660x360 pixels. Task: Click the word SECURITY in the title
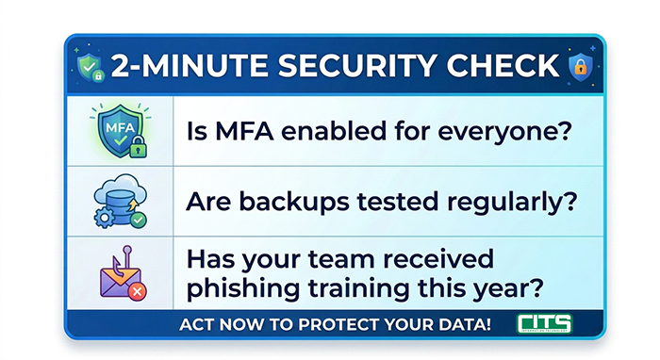(x=356, y=66)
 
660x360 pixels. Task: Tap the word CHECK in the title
(x=503, y=66)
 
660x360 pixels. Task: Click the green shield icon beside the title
(x=91, y=67)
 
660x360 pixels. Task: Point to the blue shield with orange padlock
(x=581, y=67)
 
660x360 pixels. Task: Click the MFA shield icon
(x=121, y=131)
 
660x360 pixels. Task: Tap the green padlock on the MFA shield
(x=138, y=147)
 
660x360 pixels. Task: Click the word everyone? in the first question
(x=504, y=133)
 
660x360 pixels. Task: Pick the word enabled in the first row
(x=334, y=131)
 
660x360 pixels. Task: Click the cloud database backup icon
(x=121, y=201)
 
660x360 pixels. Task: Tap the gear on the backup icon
(x=104, y=219)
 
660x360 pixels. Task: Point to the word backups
(x=294, y=203)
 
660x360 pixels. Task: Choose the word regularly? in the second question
(x=512, y=203)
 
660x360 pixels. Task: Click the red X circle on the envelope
(x=138, y=291)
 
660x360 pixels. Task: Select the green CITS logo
(x=544, y=324)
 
